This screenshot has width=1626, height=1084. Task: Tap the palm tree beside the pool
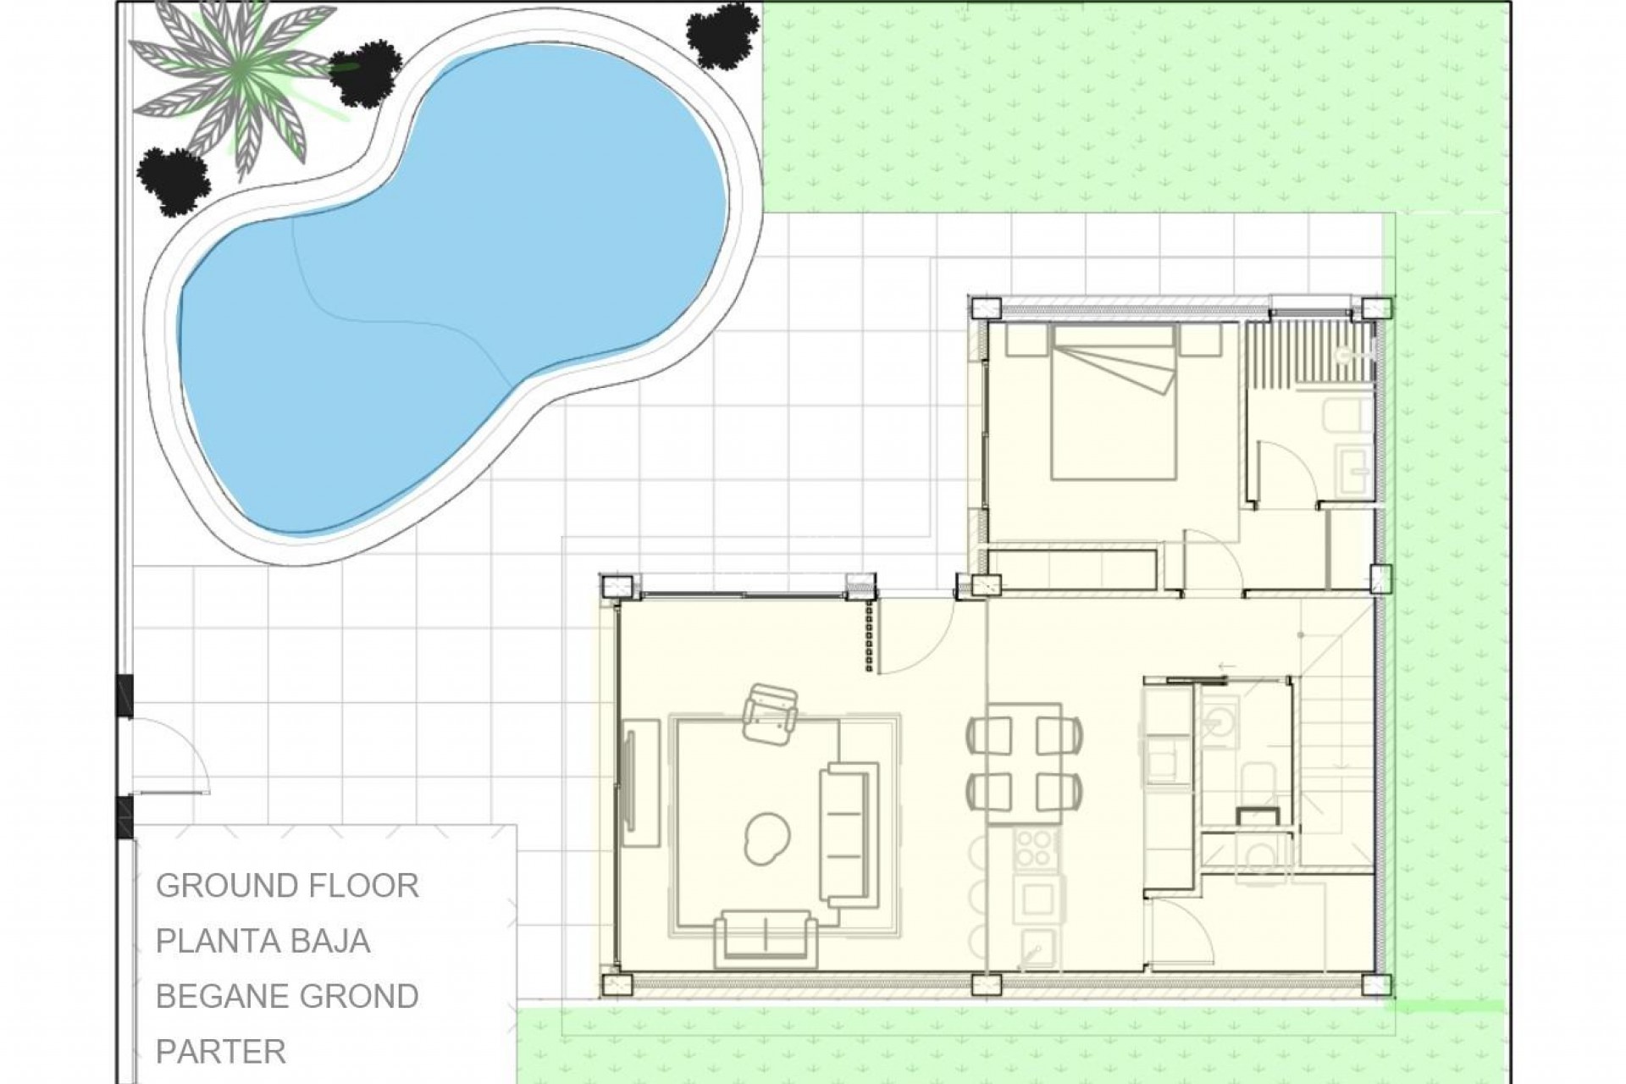pos(241,89)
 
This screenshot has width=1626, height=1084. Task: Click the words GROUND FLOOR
pos(287,886)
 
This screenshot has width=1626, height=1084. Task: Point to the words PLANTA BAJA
pos(263,941)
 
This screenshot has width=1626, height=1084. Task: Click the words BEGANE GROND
pos(287,996)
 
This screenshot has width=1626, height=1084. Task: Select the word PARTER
pos(221,1051)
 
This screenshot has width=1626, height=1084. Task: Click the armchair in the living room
pos(770,713)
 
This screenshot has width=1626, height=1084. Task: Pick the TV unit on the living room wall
pos(641,783)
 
